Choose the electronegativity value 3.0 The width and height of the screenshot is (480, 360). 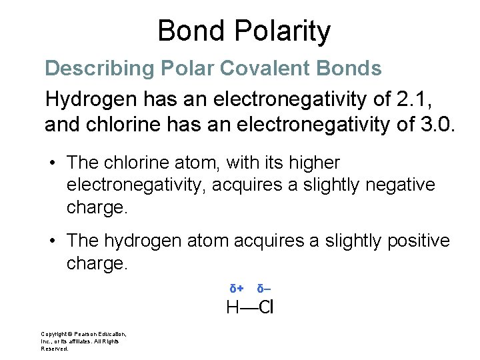point(437,124)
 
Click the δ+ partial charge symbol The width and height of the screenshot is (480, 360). point(236,289)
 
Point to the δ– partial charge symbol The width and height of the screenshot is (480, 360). point(264,289)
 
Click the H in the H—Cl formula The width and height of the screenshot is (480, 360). point(233,307)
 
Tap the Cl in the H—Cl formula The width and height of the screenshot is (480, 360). point(267,307)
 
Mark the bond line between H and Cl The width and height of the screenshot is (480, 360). point(249,308)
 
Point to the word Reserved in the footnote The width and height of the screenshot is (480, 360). point(54,349)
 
